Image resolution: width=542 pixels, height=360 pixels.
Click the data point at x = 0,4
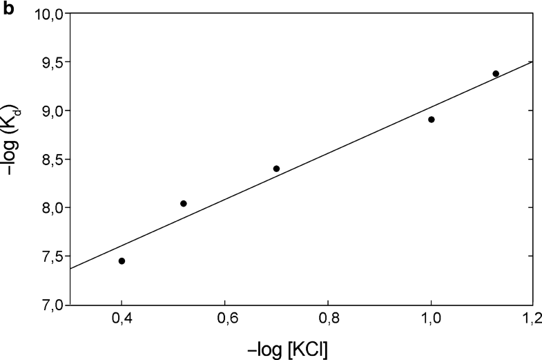[x=122, y=261]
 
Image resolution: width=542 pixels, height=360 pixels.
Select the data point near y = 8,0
[x=184, y=203]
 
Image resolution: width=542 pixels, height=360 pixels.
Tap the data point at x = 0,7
[x=276, y=169]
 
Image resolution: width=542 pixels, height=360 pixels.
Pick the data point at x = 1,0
[x=431, y=120]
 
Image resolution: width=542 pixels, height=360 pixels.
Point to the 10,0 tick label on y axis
[x=49, y=14]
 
